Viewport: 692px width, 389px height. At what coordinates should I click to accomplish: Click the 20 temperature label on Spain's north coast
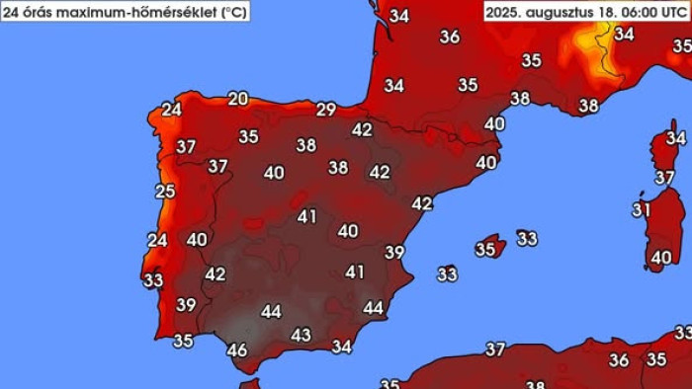[238, 98]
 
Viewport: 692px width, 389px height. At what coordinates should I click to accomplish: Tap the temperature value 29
[326, 110]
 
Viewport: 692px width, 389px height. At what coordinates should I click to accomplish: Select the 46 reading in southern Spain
[237, 350]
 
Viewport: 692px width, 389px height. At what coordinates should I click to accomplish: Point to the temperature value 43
[301, 335]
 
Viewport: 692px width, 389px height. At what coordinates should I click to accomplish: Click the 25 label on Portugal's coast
[165, 192]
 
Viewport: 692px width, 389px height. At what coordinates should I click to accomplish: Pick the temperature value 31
[642, 209]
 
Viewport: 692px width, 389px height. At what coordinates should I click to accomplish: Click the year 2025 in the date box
[508, 12]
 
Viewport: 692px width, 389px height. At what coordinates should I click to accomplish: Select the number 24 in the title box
[14, 12]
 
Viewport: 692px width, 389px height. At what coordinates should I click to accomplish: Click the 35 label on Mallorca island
[485, 250]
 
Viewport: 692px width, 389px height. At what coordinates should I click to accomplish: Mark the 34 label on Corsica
[675, 138]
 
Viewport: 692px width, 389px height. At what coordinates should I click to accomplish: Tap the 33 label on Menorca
[527, 238]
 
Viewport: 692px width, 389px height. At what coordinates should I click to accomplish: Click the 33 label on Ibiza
[448, 273]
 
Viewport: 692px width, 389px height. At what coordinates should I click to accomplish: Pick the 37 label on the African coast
[495, 350]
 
